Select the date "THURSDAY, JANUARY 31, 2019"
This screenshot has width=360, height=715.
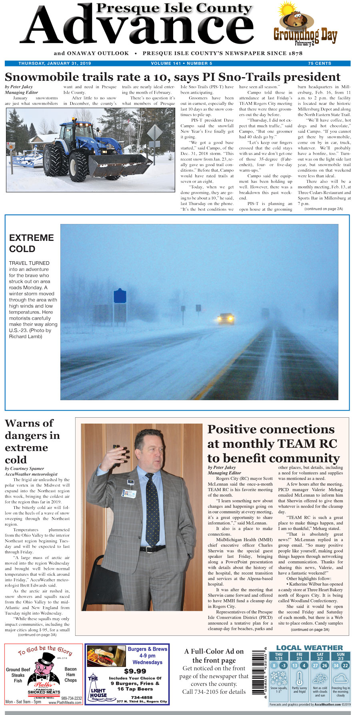(55, 64)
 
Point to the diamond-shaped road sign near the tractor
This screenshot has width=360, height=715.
(155, 132)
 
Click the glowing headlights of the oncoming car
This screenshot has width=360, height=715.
(226, 319)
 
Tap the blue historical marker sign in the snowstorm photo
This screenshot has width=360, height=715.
(120, 296)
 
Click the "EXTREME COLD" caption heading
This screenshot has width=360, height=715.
(32, 243)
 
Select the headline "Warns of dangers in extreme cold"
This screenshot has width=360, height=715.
(32, 441)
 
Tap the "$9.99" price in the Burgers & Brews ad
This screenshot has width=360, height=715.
(135, 671)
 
